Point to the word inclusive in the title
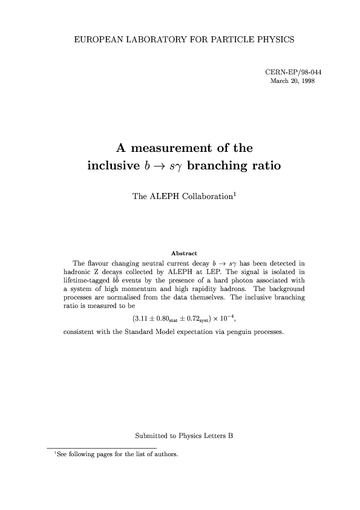tap(117, 165)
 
